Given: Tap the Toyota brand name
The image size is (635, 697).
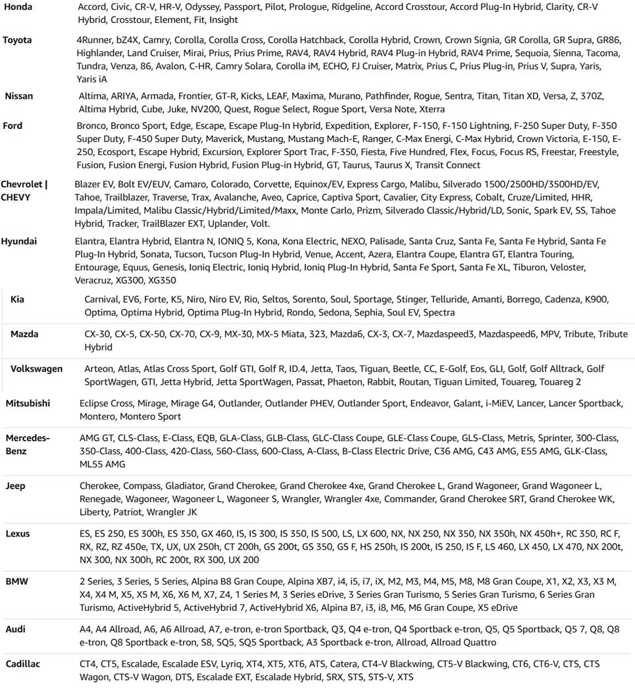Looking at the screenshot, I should point(17,40).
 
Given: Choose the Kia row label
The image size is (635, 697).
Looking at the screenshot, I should point(18,299).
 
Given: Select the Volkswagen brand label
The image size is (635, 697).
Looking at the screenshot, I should point(36,369).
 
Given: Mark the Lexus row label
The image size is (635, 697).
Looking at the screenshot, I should point(18,534).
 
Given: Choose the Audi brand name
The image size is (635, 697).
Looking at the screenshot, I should point(16,629).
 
